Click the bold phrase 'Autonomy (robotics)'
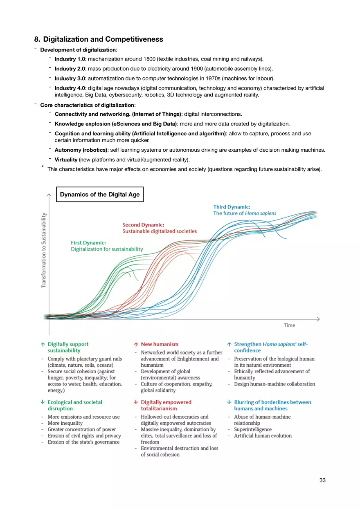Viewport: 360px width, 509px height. [x=81, y=150]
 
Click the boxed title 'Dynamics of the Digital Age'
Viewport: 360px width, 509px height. [x=100, y=195]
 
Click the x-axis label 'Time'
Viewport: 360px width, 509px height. [x=289, y=325]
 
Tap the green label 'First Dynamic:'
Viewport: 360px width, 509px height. [x=88, y=242]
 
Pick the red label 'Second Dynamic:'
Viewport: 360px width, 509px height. [x=143, y=225]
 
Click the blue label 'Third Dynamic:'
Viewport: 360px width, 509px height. [x=232, y=207]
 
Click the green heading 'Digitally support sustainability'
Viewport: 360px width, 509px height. [x=68, y=347]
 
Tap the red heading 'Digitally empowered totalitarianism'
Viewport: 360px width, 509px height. [x=166, y=405]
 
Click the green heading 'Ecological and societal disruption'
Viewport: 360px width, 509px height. [x=74, y=405]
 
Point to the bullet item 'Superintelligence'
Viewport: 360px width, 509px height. [x=252, y=429]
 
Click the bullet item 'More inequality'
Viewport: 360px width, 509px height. [x=65, y=423]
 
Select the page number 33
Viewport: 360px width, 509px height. [x=322, y=480]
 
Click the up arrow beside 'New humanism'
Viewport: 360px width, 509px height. [x=136, y=345]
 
